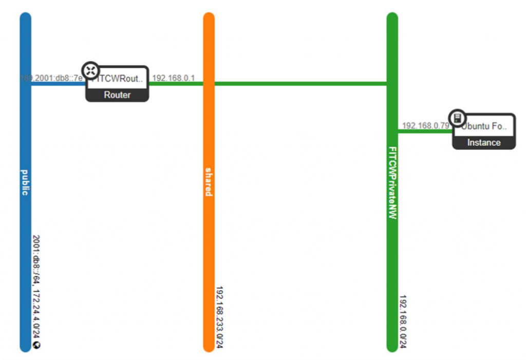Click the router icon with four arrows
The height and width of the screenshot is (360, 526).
tap(91, 70)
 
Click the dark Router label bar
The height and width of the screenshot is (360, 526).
tap(117, 95)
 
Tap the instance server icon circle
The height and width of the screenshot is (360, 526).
tap(457, 118)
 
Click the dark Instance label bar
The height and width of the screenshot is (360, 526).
tap(483, 143)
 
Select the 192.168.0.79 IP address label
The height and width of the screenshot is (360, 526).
tap(425, 125)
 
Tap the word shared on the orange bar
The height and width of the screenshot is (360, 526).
tap(209, 181)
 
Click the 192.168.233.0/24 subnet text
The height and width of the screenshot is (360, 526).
tap(219, 317)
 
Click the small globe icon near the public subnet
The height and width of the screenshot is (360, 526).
tap(36, 345)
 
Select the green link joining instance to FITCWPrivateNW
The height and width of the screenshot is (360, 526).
tap(424, 131)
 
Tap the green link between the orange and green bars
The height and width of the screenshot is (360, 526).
tap(300, 84)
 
